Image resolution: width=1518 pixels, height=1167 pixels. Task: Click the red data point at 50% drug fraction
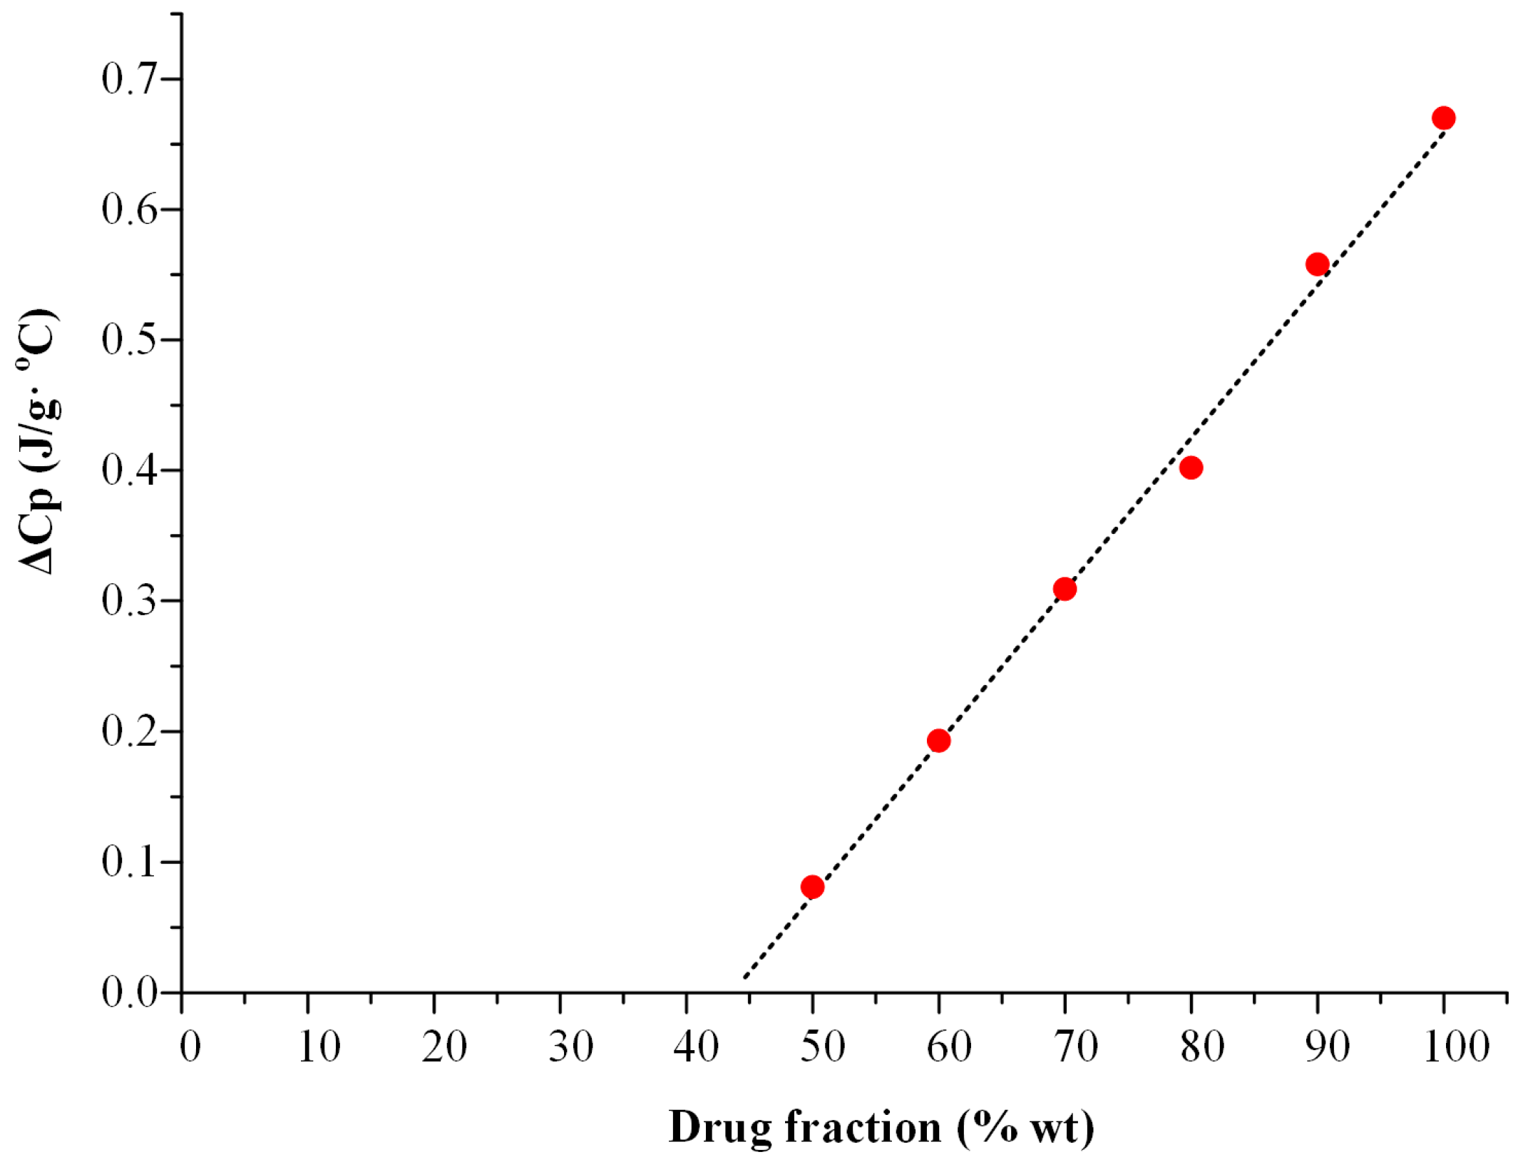pos(812,887)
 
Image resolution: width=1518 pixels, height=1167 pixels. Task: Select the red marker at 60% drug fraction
pos(938,741)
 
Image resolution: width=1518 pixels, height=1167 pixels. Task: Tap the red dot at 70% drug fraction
pos(1065,589)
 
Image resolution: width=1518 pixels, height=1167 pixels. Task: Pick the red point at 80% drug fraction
pos(1191,468)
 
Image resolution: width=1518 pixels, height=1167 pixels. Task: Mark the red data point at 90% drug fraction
pos(1317,264)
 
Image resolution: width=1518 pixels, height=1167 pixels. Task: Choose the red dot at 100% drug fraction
pos(1443,118)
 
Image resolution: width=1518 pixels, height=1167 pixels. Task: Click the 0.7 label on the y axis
pos(129,78)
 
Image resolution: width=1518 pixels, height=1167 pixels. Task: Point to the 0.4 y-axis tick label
pos(129,471)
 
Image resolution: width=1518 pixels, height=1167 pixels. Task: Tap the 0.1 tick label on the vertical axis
pos(129,862)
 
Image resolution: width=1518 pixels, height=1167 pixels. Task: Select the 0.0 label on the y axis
pos(129,992)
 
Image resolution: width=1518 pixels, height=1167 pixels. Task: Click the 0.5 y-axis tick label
pos(129,339)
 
